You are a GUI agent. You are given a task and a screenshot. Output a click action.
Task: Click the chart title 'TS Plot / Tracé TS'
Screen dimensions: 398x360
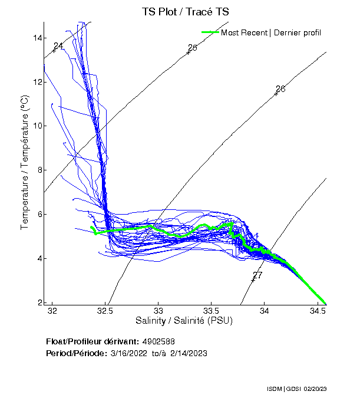point(185,11)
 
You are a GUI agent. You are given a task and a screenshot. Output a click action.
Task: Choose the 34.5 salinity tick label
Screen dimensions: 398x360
point(318,310)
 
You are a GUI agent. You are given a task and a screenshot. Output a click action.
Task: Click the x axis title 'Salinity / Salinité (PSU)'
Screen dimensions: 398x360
point(184,321)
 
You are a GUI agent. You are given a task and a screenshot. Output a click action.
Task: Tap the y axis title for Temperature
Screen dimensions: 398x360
point(25,163)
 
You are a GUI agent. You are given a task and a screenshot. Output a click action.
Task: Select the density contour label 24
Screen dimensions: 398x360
point(58,46)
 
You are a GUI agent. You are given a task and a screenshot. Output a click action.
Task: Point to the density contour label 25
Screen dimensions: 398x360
point(192,48)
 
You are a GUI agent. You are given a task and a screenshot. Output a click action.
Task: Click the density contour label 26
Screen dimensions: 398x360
point(280,89)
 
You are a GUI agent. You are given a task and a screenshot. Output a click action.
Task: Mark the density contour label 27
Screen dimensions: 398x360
point(257,275)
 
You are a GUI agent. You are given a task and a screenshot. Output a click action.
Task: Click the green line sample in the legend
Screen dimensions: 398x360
point(210,32)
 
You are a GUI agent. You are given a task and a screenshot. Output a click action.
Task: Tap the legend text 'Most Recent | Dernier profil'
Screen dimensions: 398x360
point(271,32)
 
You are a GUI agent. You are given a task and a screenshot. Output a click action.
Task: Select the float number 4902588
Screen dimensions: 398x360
point(158,341)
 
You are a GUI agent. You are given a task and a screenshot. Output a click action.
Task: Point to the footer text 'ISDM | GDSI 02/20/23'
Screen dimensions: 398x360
point(305,390)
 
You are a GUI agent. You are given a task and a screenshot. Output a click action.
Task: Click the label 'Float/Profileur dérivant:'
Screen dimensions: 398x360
point(93,341)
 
